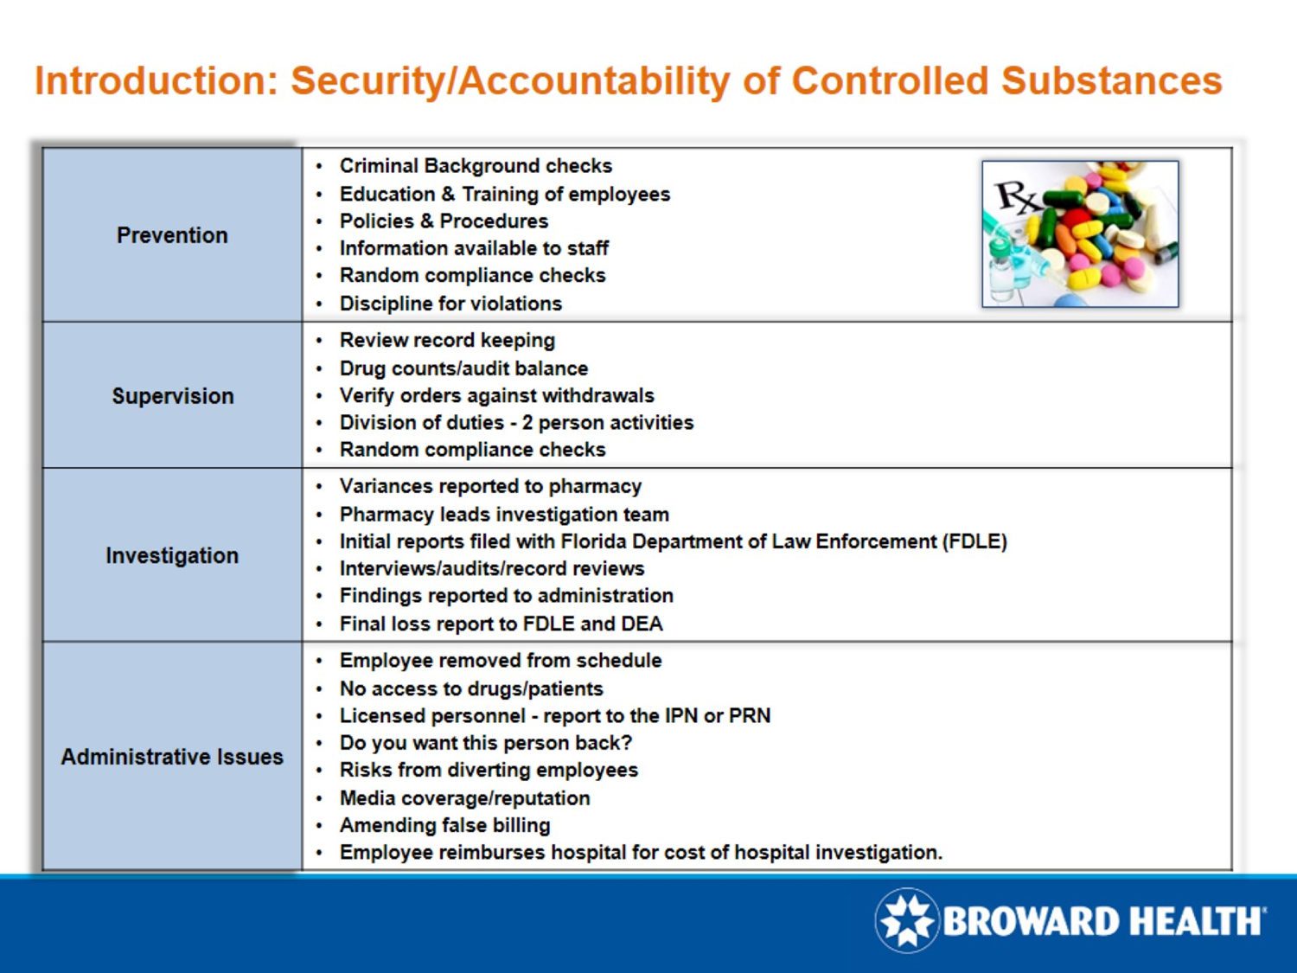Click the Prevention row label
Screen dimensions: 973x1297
[172, 235]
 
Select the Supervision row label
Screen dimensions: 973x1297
[172, 396]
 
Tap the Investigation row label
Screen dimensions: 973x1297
[172, 555]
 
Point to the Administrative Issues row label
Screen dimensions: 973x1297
[172, 757]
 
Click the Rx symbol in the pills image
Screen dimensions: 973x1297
[1017, 197]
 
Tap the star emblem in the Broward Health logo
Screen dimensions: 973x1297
[907, 920]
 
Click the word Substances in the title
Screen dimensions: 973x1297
[1111, 81]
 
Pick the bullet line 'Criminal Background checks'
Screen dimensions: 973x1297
[475, 166]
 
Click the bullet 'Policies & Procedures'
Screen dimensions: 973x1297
[443, 221]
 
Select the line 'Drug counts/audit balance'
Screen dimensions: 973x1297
[463, 368]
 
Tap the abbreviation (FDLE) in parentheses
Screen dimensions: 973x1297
[974, 541]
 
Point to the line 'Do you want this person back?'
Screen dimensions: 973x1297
[485, 743]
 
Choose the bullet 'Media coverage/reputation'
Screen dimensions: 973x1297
[464, 798]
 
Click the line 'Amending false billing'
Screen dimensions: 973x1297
[444, 825]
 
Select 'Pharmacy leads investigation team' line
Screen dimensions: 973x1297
[503, 515]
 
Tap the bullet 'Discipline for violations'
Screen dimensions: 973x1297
[450, 304]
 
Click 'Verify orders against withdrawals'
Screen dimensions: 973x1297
[496, 395]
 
